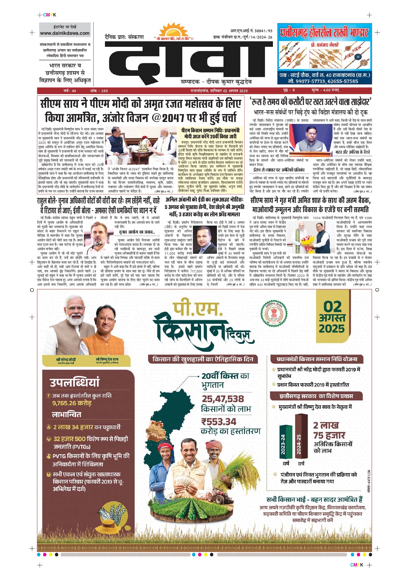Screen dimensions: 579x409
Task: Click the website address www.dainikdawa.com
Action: tap(65, 33)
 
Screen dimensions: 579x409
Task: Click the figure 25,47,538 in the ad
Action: tap(223, 399)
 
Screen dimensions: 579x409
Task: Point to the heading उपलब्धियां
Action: tap(75, 382)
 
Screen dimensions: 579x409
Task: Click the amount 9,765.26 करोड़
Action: tap(72, 403)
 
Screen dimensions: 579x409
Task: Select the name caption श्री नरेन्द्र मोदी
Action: tap(66, 359)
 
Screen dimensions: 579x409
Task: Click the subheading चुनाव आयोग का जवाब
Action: tap(137, 232)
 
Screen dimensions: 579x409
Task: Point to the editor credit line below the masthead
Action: tap(216, 82)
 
